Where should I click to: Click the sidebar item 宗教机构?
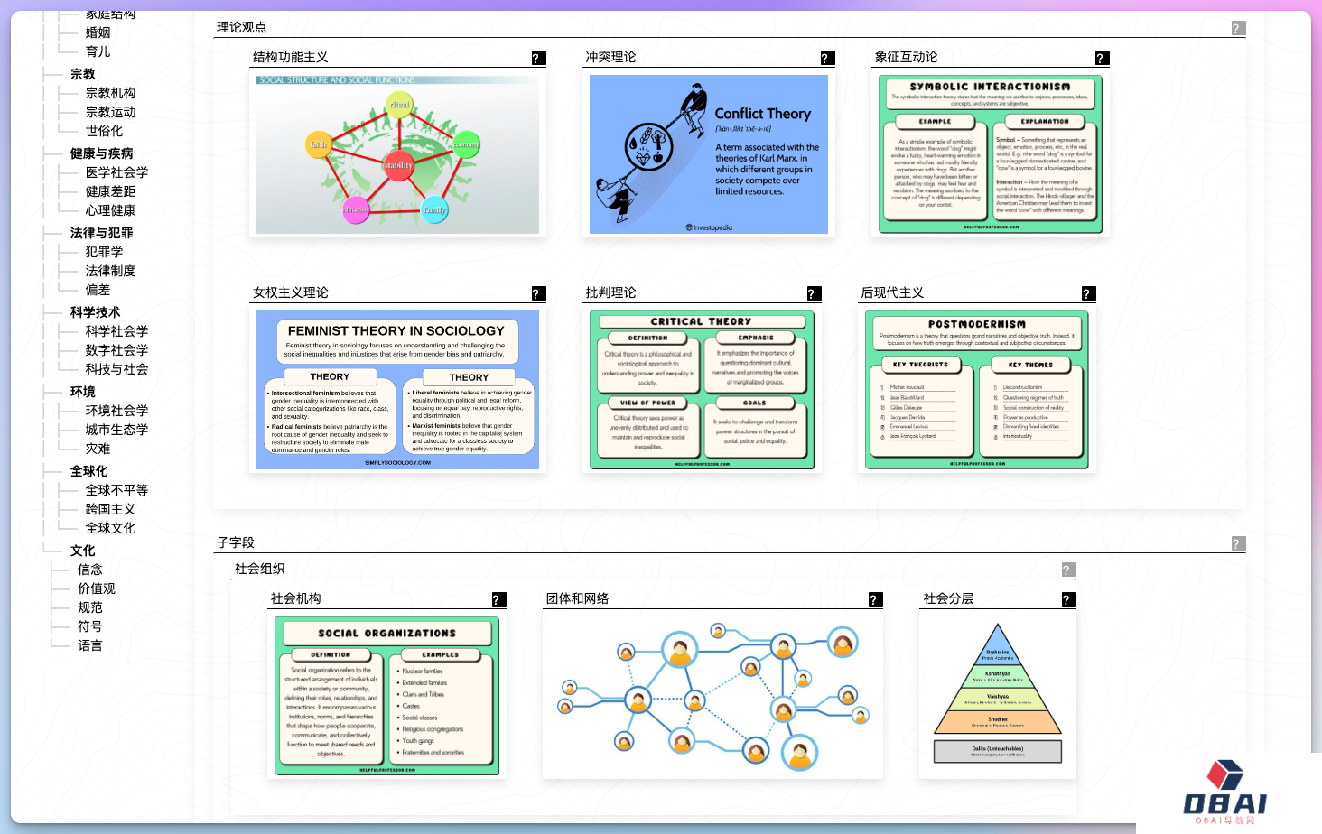(x=110, y=93)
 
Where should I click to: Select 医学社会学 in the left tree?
(x=116, y=172)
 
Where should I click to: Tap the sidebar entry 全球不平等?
(x=116, y=490)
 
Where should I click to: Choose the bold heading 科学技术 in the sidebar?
(x=95, y=312)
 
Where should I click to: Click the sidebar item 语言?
(x=90, y=645)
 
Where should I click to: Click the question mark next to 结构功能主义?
(x=538, y=59)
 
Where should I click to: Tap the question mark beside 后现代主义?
(x=1088, y=294)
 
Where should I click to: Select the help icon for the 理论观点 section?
(x=1238, y=29)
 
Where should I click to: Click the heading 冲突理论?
(x=610, y=57)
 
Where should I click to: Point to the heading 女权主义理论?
(x=291, y=292)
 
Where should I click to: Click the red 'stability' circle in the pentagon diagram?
(x=398, y=165)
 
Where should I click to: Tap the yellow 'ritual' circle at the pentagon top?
(x=400, y=105)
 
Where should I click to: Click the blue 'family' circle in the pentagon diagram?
(x=434, y=209)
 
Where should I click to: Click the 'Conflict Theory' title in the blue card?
(x=762, y=114)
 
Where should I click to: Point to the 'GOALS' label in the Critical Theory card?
(x=754, y=403)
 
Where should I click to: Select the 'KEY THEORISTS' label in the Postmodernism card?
(x=920, y=365)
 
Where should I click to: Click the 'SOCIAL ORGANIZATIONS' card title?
(x=386, y=634)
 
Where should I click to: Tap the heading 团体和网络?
(x=578, y=598)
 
